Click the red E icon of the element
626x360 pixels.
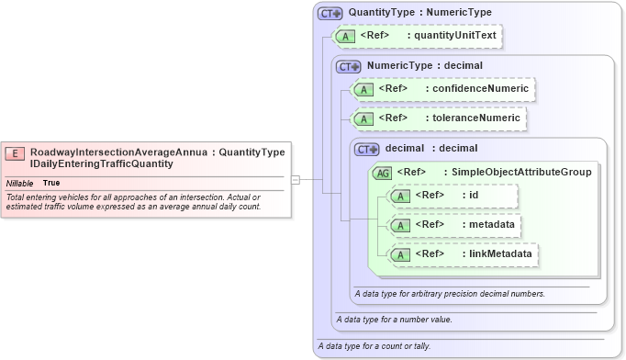16,153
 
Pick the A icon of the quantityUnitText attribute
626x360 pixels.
344,36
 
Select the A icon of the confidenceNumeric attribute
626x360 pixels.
363,89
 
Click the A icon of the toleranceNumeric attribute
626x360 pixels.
363,118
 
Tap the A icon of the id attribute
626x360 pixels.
399,196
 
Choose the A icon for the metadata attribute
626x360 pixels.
399,225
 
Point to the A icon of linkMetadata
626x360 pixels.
399,254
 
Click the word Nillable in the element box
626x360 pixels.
19,183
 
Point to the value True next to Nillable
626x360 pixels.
51,183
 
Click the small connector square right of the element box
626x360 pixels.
296,179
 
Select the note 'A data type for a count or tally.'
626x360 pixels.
373,345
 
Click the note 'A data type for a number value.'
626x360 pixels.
394,320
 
